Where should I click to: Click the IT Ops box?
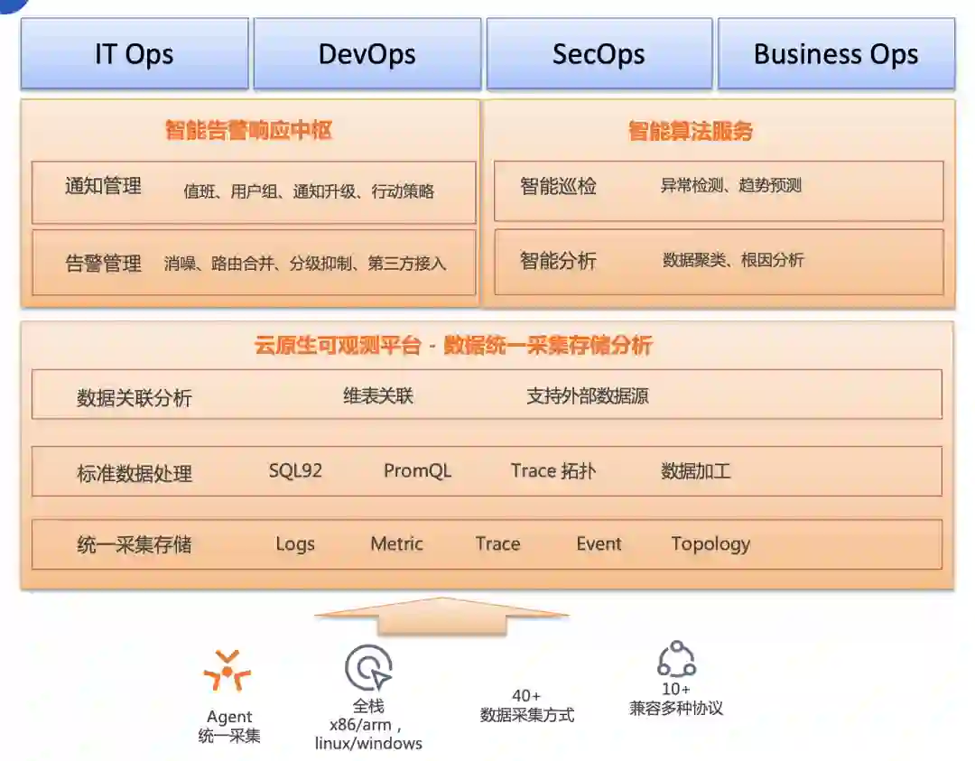[135, 54]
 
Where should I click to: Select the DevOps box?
[367, 54]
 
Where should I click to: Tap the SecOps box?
[599, 54]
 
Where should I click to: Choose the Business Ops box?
[836, 54]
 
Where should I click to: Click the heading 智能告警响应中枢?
[249, 131]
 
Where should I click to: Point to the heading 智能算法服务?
[691, 132]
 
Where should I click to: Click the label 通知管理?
[104, 187]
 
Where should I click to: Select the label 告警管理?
[104, 264]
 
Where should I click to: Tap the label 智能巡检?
[558, 187]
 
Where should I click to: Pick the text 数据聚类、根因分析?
[733, 260]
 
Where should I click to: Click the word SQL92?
[295, 470]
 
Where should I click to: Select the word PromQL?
[417, 470]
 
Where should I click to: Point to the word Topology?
[710, 543]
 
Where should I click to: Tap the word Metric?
[396, 543]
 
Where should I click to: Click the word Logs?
[295, 543]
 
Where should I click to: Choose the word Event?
[599, 543]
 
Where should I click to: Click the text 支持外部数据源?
[588, 395]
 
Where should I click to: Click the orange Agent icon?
[227, 672]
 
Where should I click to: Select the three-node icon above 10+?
[676, 660]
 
